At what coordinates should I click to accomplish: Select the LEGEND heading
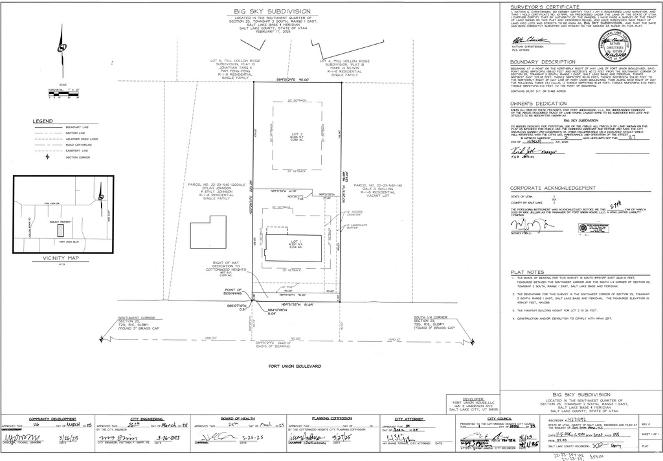pyautogui.click(x=43, y=121)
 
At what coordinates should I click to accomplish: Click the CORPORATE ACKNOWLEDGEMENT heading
pyautogui.click(x=552, y=188)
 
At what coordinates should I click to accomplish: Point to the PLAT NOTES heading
pyautogui.click(x=526, y=272)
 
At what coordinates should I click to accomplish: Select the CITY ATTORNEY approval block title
pyautogui.click(x=409, y=419)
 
